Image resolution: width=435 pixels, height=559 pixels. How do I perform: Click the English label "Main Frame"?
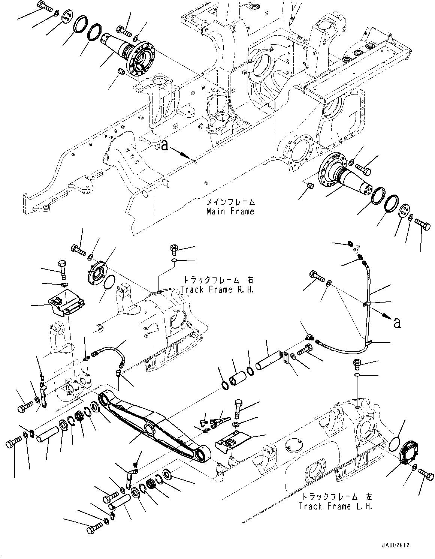pos(230,211)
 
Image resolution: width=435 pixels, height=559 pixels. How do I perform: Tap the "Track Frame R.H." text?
pos(217,290)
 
